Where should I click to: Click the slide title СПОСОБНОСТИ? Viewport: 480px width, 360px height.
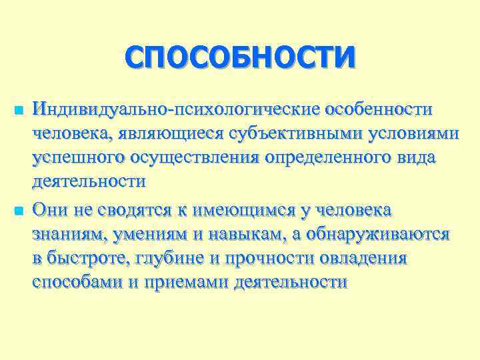tap(239, 56)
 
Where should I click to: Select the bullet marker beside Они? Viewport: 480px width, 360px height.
tap(17, 211)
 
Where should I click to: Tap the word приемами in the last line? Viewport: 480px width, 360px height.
tap(183, 283)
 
